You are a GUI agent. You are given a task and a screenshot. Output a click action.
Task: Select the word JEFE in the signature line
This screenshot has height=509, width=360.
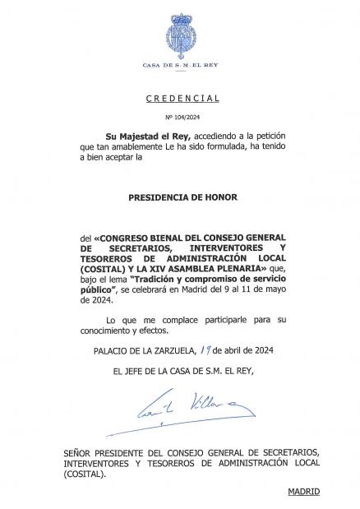[136, 372]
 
